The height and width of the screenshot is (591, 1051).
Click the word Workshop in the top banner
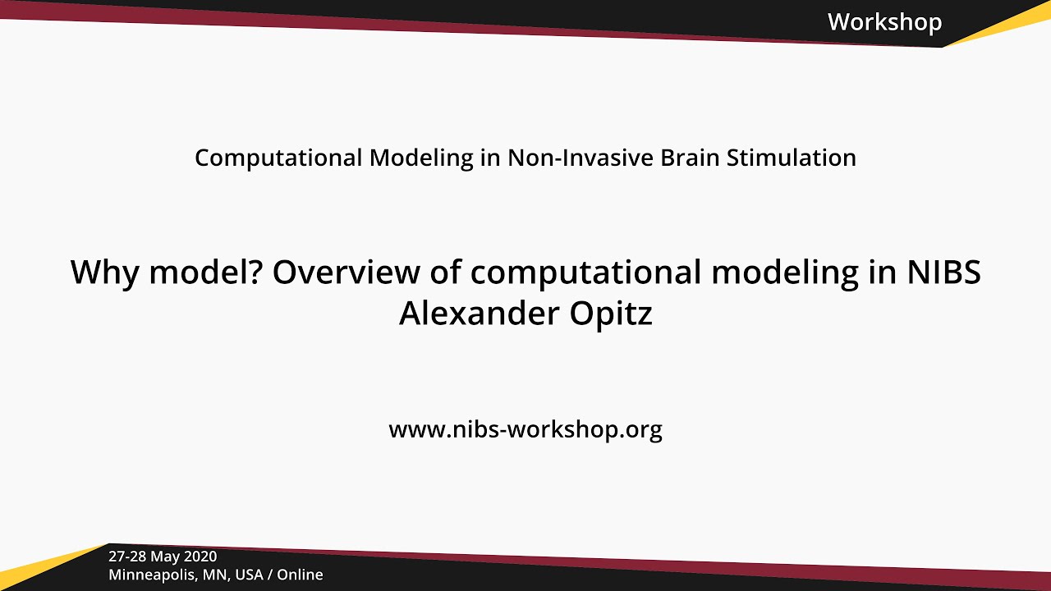pos(884,22)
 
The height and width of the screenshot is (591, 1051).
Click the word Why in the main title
pos(102,273)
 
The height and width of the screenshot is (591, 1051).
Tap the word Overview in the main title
pos(336,273)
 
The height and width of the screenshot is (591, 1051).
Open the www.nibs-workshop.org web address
pos(525,429)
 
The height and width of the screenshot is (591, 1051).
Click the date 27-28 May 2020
pos(163,557)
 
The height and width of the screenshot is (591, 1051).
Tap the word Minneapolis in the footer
pos(155,575)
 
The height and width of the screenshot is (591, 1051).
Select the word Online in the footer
pos(300,575)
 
